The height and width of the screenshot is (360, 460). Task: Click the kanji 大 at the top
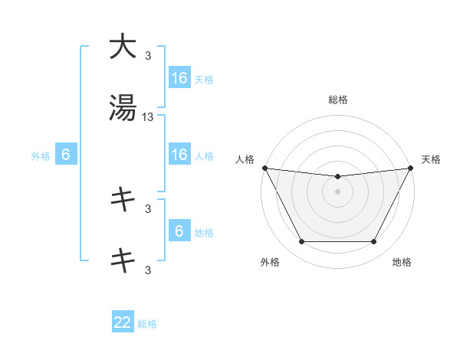click(123, 47)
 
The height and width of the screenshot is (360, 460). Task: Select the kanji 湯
click(123, 108)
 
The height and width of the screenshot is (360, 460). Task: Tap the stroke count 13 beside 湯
click(148, 117)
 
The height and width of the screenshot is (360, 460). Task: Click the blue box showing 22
click(123, 323)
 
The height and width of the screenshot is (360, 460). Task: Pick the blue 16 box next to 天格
click(179, 78)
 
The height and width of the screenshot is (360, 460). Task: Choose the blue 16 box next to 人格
click(179, 155)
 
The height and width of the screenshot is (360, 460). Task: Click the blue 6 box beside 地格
click(179, 231)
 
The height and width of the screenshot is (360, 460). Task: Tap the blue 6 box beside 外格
click(66, 155)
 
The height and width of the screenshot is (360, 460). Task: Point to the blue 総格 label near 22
click(147, 324)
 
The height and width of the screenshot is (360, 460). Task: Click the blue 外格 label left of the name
click(41, 156)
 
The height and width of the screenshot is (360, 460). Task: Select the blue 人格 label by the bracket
click(204, 156)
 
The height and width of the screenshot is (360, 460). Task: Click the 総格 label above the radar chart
click(337, 100)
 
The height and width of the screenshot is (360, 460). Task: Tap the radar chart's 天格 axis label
click(432, 159)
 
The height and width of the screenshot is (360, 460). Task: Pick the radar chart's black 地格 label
click(402, 262)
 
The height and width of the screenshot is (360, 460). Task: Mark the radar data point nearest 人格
click(265, 168)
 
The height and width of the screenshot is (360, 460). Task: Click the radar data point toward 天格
click(410, 168)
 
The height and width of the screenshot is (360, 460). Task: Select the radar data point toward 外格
click(301, 242)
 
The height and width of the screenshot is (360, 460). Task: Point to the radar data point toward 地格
click(374, 242)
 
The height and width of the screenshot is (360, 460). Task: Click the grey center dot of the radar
click(337, 191)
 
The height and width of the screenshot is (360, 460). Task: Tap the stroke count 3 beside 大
click(148, 56)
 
